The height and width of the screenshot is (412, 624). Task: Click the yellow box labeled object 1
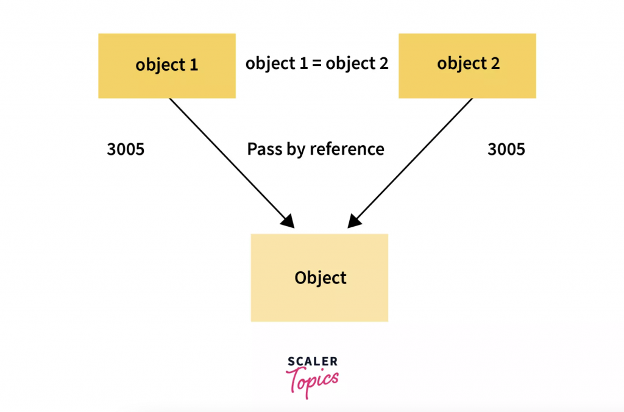[166, 66]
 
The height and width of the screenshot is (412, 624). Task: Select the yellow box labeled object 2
[467, 66]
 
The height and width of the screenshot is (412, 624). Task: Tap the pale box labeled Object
[319, 278]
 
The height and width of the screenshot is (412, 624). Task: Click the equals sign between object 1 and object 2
[316, 63]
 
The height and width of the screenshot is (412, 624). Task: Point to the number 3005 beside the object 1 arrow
[126, 149]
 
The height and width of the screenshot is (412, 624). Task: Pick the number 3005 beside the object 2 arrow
[506, 149]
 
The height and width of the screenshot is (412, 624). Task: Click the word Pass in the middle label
[263, 149]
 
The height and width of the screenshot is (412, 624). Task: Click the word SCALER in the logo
[312, 361]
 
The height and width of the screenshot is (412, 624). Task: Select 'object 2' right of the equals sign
[356, 63]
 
